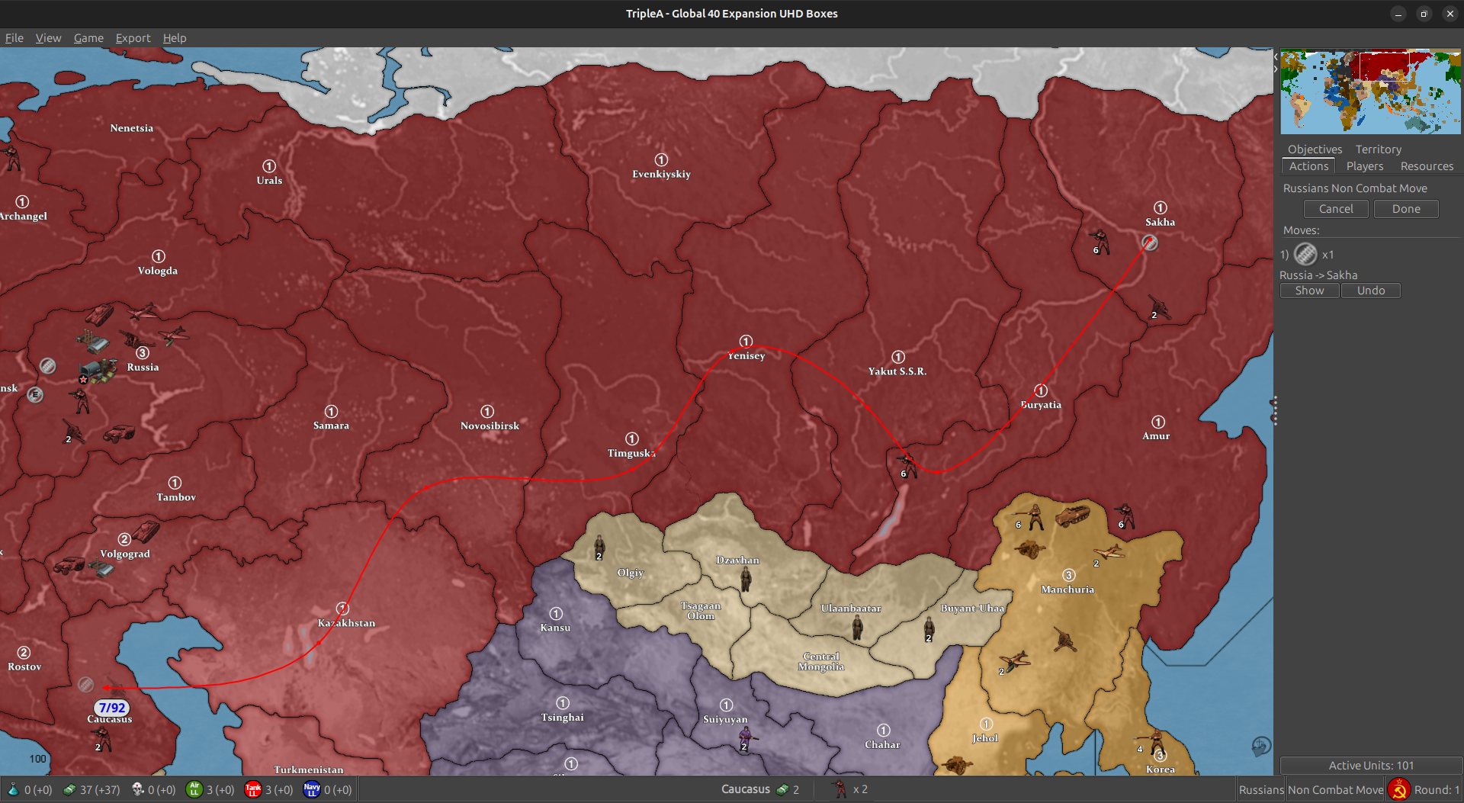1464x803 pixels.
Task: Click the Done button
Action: click(1405, 209)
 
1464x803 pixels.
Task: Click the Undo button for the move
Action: click(1370, 291)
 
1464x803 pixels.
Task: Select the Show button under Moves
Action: click(1309, 291)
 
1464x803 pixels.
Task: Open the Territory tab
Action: click(1378, 149)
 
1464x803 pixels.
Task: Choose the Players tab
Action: click(1364, 166)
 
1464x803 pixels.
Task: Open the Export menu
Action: click(133, 38)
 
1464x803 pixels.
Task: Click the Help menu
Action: click(175, 38)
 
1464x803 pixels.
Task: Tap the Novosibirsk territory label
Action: click(490, 426)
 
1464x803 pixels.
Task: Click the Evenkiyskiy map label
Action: click(661, 174)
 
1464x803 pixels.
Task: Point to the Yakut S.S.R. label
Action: click(897, 371)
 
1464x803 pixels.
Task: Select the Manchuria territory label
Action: click(1067, 589)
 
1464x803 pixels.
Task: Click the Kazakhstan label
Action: click(346, 623)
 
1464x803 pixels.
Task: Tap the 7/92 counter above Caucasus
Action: click(112, 708)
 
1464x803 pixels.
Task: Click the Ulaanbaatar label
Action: click(851, 609)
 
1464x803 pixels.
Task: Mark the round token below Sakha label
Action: click(1150, 243)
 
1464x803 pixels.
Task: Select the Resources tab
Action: click(1427, 166)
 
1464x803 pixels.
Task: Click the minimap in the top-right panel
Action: click(1370, 92)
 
